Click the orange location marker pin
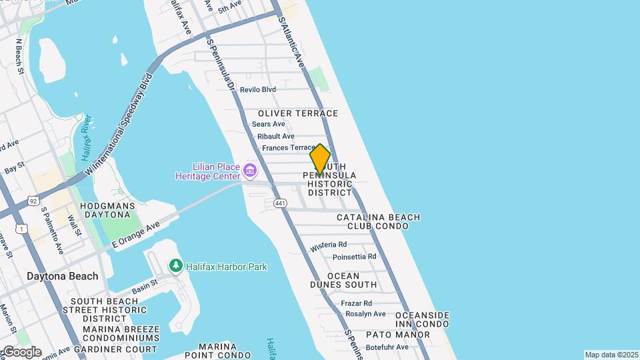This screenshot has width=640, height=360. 320,159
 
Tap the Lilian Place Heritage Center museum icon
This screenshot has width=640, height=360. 251,171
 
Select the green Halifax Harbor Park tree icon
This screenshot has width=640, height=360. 176,267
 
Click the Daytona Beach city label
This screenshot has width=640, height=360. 63,276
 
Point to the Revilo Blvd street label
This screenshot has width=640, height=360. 258,89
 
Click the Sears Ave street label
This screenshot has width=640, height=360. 269,124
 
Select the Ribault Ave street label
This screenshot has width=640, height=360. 276,136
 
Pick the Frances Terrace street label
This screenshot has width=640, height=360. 288,148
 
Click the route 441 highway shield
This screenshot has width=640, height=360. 280,203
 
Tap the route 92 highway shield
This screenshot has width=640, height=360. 33,199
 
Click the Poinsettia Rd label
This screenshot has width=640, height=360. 355,256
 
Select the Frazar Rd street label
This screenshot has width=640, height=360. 356,303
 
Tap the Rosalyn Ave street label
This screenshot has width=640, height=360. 365,314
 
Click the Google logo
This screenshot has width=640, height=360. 21,352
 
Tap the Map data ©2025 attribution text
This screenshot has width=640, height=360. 611,355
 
